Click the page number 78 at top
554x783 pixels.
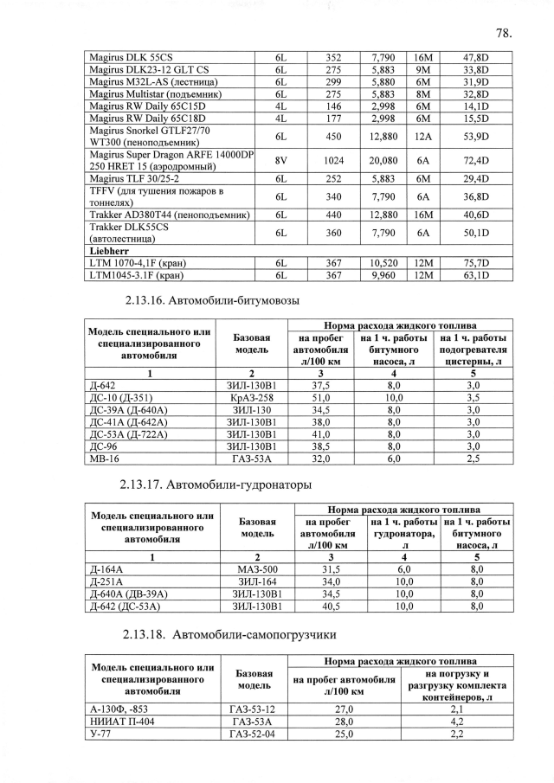point(505,34)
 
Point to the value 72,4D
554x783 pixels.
point(476,160)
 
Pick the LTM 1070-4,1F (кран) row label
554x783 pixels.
point(138,263)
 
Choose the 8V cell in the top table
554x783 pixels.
point(280,160)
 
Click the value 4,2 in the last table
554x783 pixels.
point(458,721)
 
